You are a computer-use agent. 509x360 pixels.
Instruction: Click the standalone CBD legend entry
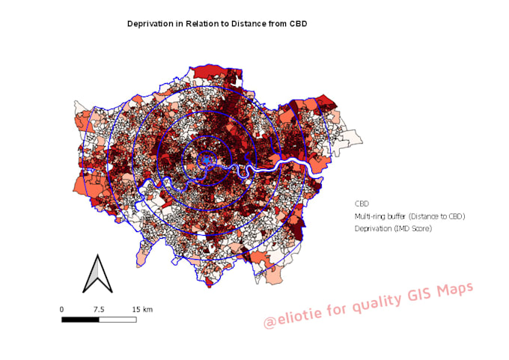[x=362, y=204]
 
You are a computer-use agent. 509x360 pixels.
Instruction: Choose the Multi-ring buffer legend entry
[x=409, y=216]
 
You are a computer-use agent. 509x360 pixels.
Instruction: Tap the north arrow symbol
[x=97, y=274]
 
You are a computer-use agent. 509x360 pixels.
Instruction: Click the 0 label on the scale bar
[x=61, y=309]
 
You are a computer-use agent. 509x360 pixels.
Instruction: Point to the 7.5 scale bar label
[x=98, y=309]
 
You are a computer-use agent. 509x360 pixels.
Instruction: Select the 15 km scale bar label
[x=142, y=309]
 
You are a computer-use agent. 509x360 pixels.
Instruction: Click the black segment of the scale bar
[x=80, y=320]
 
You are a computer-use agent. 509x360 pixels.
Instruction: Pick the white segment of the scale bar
[x=118, y=320]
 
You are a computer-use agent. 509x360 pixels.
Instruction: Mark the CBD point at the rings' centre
[x=207, y=159]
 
